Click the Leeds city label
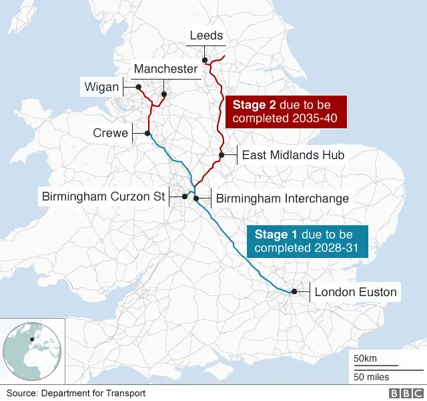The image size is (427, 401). [206, 35]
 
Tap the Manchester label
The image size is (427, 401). [165, 69]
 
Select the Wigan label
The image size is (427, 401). [101, 87]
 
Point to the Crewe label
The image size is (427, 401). [110, 134]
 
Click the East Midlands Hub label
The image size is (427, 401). [292, 155]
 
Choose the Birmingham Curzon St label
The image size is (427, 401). [103, 197]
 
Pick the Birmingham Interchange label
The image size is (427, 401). [282, 198]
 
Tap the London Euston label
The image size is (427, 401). [356, 292]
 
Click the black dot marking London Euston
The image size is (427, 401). [294, 291]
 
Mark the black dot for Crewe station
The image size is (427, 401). [147, 134]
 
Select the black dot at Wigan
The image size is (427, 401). [138, 87]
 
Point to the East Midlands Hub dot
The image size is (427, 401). [221, 155]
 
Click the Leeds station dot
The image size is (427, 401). [206, 61]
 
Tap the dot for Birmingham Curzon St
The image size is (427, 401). [184, 196]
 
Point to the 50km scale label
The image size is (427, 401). [365, 359]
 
